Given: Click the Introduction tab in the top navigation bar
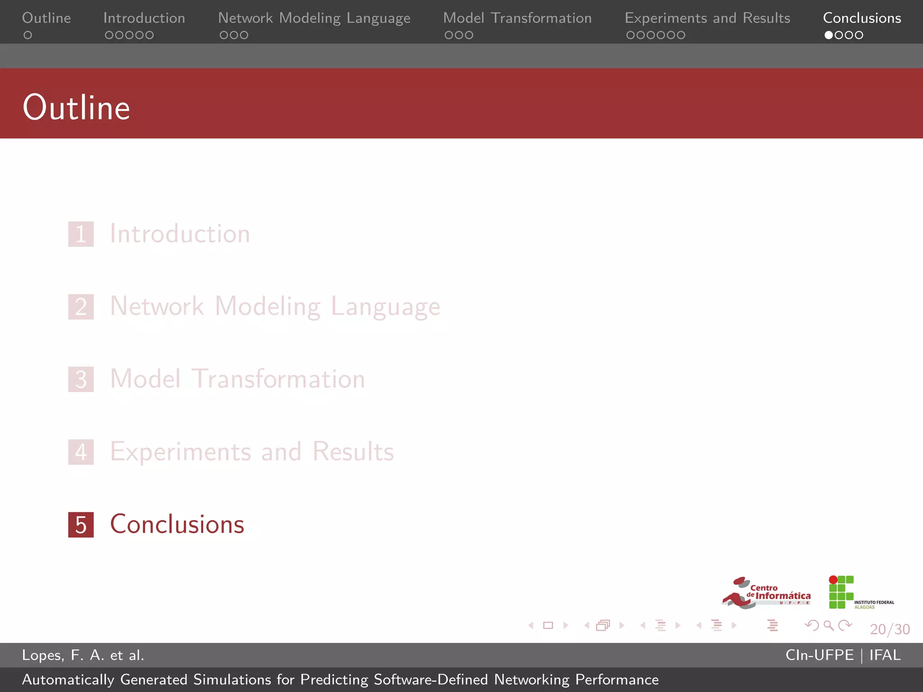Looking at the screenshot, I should (x=144, y=18).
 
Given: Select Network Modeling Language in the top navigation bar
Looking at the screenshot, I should (x=314, y=18).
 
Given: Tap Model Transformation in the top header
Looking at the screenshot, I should (x=517, y=18).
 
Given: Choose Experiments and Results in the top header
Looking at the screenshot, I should (x=707, y=18).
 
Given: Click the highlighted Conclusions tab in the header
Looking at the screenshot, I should (x=862, y=18).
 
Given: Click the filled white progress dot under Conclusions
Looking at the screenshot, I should (x=828, y=35).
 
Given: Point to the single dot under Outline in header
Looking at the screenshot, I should (x=28, y=35).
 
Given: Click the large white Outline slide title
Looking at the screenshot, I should (x=77, y=108).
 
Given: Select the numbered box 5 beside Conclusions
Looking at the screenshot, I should (x=81, y=525).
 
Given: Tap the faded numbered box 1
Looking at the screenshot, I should (x=81, y=234).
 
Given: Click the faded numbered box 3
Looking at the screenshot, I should (x=81, y=379).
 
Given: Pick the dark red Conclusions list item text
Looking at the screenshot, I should (x=177, y=524).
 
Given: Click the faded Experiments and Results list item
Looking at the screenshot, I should (x=252, y=451).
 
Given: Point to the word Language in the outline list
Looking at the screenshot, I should (x=385, y=307).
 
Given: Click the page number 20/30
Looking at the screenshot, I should (x=890, y=629).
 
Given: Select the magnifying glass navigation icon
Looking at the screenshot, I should (x=828, y=625).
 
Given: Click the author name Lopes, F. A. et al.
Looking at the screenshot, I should (x=83, y=655).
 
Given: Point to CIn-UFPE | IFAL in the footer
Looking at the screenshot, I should (x=843, y=655).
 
